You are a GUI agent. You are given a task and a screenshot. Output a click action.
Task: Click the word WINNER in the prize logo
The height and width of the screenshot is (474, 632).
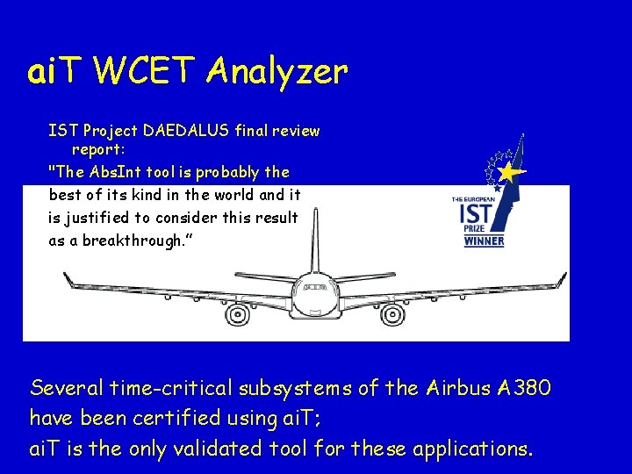484,240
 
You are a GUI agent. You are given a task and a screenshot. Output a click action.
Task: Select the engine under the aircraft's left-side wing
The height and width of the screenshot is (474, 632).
237,312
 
